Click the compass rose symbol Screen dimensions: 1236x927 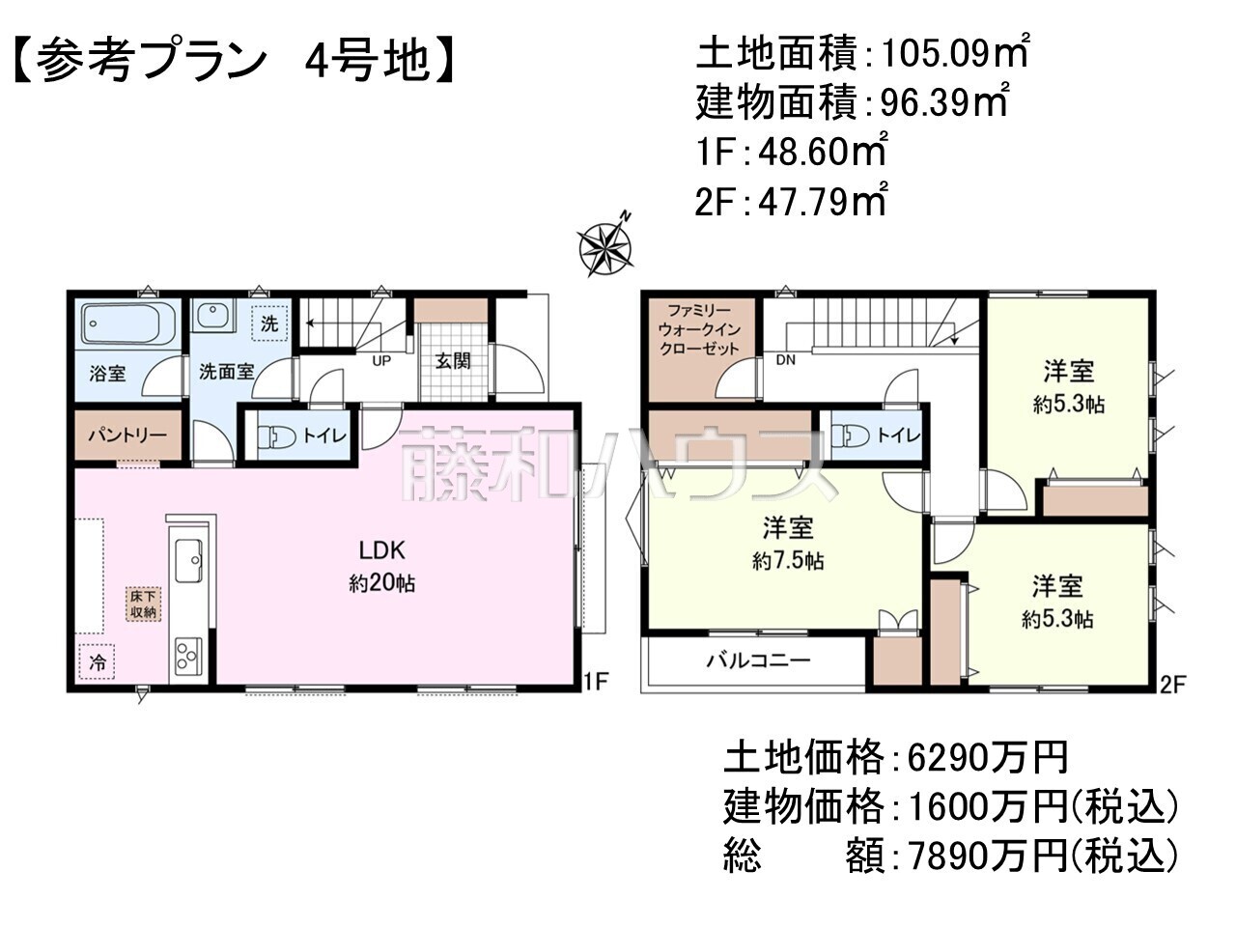[x=605, y=246]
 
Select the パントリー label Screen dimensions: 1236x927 [x=127, y=435]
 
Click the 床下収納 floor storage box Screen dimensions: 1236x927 [x=143, y=604]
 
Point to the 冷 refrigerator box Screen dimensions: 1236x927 [x=97, y=661]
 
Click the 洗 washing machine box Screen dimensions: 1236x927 [x=269, y=323]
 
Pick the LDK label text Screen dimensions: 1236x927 [x=382, y=550]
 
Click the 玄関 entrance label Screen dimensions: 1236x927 [x=453, y=361]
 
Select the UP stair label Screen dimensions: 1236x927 [x=381, y=361]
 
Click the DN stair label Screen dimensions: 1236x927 [x=785, y=359]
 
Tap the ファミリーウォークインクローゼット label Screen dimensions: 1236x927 [x=699, y=329]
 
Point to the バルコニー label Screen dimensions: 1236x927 [x=758, y=660]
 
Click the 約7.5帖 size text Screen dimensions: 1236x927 [x=788, y=561]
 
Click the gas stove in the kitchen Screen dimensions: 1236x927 [x=188, y=657]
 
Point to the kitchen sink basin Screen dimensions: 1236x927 [x=188, y=561]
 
